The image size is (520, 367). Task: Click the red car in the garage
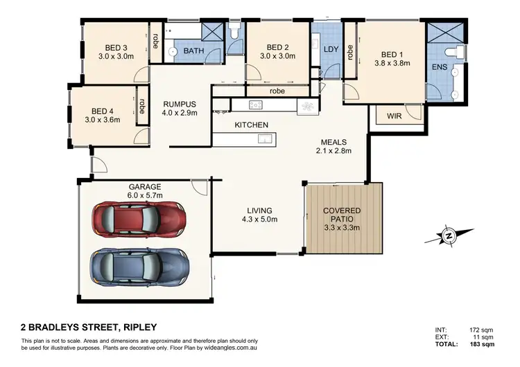point(139,220)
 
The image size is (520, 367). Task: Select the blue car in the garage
point(139,264)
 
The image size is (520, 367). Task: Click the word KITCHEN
point(251,125)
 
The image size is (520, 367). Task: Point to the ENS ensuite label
point(439,68)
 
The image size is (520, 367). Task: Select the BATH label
point(193,51)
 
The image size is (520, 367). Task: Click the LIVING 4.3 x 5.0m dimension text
point(259,220)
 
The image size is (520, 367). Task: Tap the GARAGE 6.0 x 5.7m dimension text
point(144,196)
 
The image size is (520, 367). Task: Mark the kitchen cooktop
point(254,105)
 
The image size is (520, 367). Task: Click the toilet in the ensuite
point(452,51)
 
